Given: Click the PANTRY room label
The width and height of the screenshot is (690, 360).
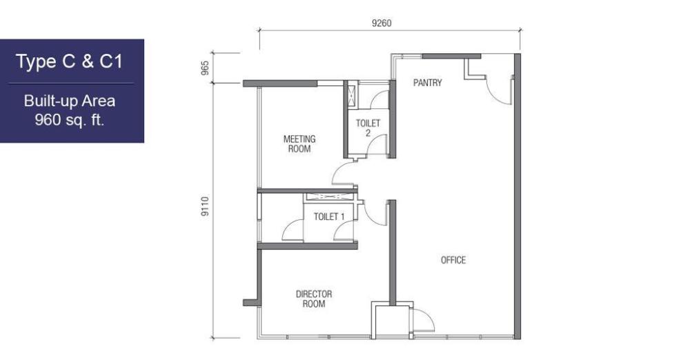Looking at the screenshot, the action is [427, 82].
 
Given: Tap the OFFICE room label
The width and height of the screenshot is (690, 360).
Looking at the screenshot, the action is [453, 260].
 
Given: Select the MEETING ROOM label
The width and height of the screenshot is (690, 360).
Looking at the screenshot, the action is [299, 144].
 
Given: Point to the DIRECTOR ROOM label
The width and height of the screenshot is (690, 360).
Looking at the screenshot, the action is [314, 299].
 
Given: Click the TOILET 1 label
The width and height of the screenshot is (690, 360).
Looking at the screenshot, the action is [329, 217].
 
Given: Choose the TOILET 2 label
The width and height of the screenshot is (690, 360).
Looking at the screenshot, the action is [368, 128].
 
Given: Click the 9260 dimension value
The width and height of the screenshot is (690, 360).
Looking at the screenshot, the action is [382, 23].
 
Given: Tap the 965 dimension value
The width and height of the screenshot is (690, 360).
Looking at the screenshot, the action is [205, 68].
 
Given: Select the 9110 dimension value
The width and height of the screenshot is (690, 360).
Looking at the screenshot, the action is [205, 206].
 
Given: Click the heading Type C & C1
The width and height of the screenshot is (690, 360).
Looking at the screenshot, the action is [70, 61].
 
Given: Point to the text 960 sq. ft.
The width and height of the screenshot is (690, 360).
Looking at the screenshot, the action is [70, 120].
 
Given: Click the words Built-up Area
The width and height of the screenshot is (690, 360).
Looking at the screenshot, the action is [70, 101].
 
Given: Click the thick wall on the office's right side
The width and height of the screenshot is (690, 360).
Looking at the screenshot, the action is [517, 197].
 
